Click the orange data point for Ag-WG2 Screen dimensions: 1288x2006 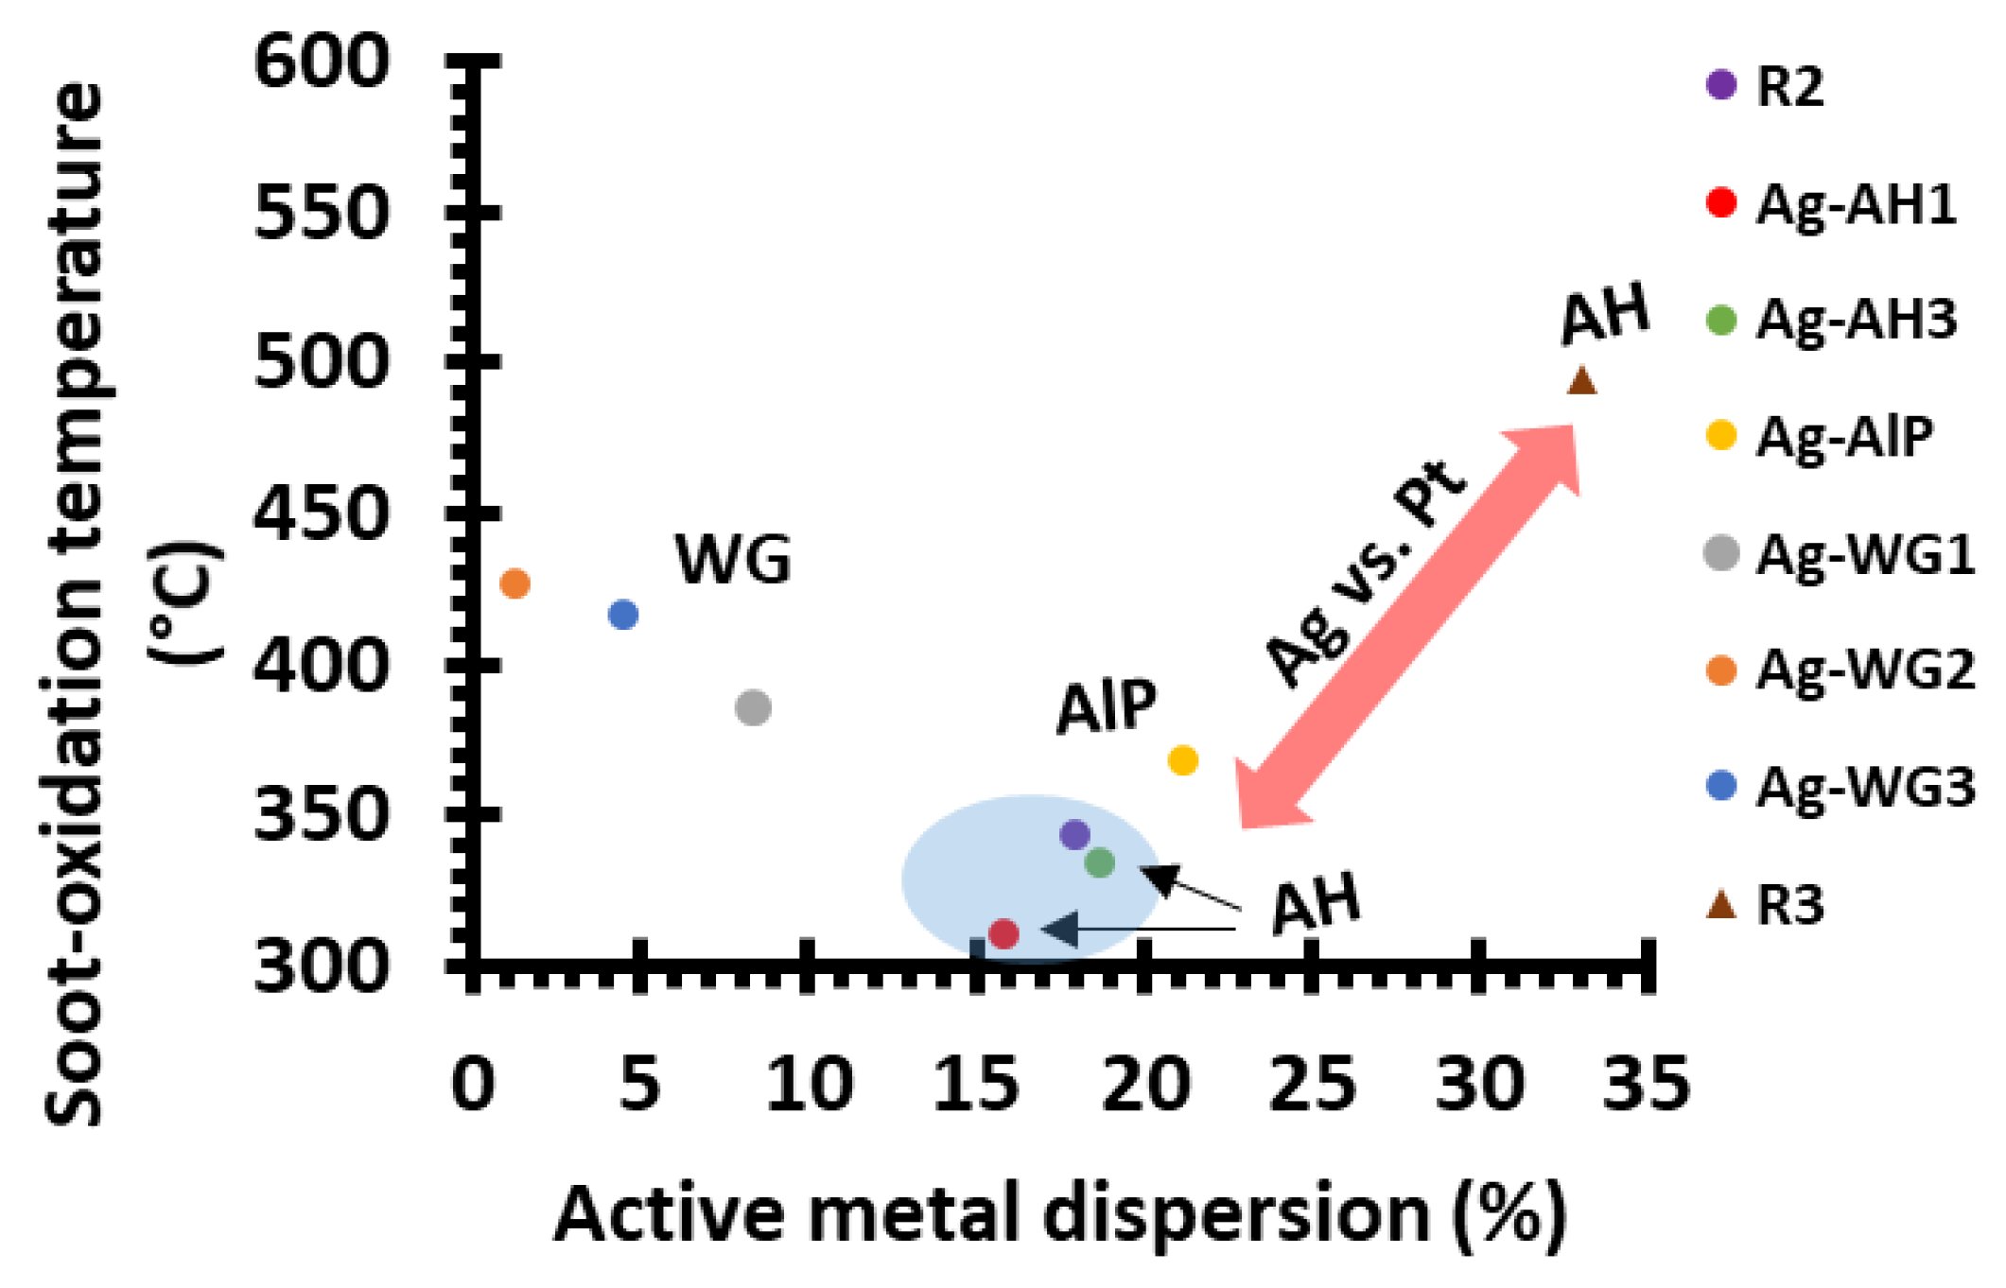pos(514,583)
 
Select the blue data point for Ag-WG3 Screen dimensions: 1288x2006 pos(623,615)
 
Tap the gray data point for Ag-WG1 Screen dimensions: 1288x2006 pos(753,707)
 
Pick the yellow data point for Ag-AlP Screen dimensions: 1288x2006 pos(1183,759)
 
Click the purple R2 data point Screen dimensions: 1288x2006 pos(1074,834)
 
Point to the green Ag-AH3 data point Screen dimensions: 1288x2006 pos(1099,862)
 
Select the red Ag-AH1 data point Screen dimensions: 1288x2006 pos(1003,934)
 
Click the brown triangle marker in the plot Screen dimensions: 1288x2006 pos(1582,381)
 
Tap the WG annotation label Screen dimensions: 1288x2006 pos(733,559)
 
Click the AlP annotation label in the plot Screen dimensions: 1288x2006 pos(1106,706)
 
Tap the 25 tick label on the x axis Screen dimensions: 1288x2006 pos(1312,1084)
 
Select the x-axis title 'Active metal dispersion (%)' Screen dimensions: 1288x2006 pos(1060,1214)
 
